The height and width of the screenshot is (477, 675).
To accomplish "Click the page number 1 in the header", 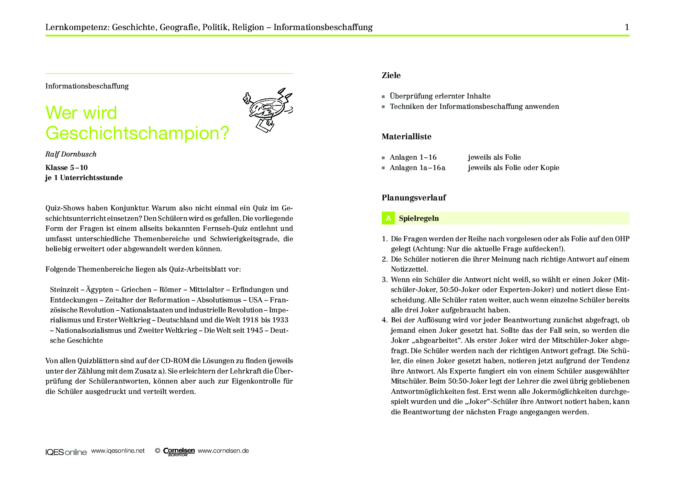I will (627, 27).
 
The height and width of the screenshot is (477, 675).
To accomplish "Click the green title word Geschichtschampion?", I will (137, 133).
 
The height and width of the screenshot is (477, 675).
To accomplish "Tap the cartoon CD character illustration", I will (268, 110).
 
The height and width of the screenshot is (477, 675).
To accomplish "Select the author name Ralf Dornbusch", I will (71, 154).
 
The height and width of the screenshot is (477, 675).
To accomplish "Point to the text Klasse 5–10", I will (67, 168).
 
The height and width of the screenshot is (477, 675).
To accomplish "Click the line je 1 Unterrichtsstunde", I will (84, 178).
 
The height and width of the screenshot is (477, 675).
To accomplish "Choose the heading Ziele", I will (391, 75).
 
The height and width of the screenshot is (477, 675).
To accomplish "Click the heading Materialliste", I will (406, 137).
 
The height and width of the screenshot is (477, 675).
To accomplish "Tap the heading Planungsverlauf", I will (414, 198).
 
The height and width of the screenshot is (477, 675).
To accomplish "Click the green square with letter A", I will (388, 218).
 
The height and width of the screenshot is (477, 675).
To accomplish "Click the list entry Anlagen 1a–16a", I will (417, 168).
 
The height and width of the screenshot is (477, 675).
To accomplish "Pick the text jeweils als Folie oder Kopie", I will (513, 168).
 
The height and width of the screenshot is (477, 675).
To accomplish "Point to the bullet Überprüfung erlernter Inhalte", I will (440, 96).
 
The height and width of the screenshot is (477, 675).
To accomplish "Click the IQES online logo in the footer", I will (66, 452).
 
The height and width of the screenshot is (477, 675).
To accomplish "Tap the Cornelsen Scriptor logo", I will (179, 452).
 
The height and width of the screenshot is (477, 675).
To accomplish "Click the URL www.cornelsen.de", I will (223, 451).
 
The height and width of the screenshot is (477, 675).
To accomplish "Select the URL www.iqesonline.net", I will (118, 451).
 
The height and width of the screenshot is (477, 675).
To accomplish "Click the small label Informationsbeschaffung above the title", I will (87, 86).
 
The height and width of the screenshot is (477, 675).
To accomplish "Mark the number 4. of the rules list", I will (384, 320).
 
